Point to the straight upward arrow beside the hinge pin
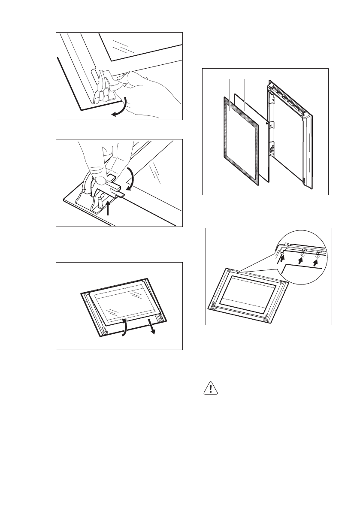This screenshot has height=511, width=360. point(108,209)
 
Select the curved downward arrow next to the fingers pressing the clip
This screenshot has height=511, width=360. point(131,178)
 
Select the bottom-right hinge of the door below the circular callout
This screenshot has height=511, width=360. point(267,318)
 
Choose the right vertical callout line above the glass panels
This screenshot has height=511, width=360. point(244,91)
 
